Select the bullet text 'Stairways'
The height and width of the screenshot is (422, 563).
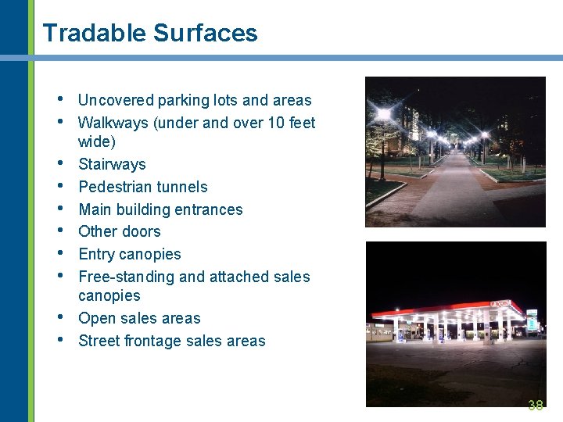112,164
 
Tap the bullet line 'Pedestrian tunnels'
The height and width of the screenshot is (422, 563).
143,187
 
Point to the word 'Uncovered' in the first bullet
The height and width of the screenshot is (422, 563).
116,100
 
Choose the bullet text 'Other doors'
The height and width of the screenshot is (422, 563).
120,231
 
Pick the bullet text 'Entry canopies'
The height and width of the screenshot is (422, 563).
130,254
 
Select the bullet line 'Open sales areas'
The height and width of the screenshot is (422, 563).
139,318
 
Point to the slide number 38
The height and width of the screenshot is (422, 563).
536,405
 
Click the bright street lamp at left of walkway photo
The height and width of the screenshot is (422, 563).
383,115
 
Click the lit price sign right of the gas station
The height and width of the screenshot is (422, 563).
532,320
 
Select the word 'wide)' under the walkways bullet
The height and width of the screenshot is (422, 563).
97,141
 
